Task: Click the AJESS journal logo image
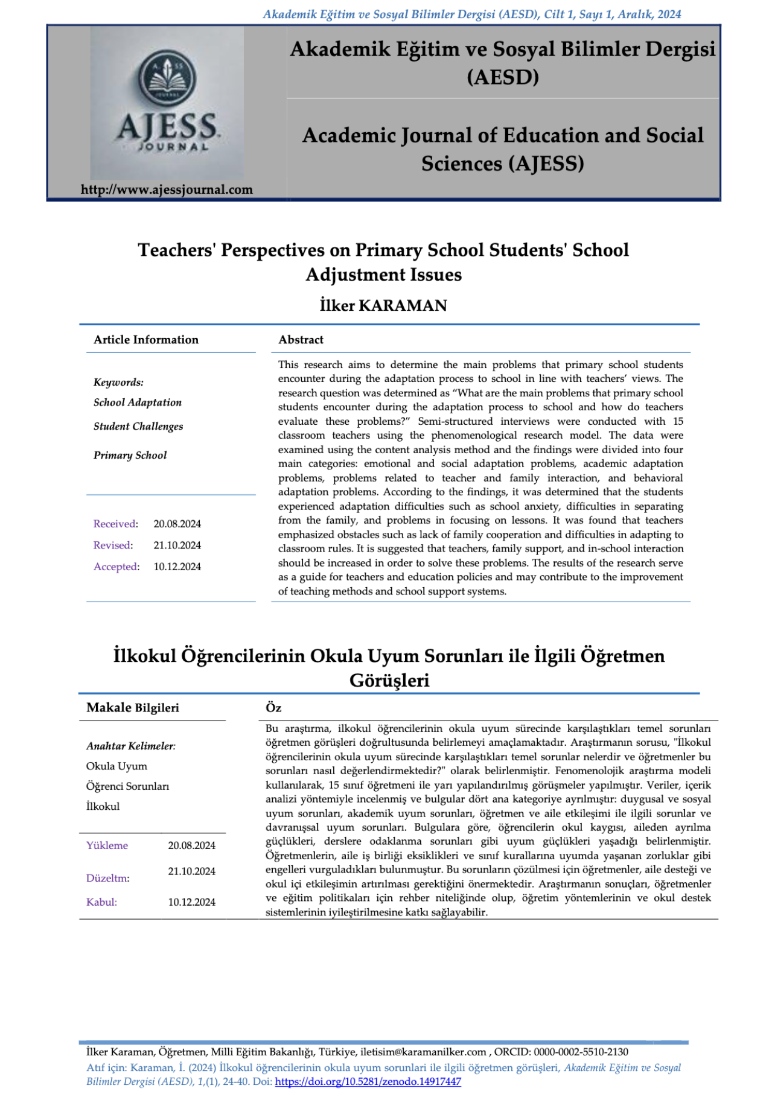(x=167, y=103)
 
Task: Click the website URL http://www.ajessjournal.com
(x=167, y=189)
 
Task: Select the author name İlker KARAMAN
(x=383, y=306)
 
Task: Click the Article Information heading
(x=146, y=340)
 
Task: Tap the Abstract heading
(x=301, y=340)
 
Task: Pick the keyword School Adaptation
(x=138, y=402)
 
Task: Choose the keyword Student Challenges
(x=138, y=426)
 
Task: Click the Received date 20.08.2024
(x=177, y=524)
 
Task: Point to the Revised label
(x=113, y=545)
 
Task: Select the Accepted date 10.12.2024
(x=177, y=567)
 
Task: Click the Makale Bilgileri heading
(x=133, y=708)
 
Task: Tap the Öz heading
(x=273, y=708)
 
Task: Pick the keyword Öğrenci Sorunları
(x=127, y=786)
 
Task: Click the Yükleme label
(x=107, y=845)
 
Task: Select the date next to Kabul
(x=191, y=902)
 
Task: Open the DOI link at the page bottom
(x=368, y=1081)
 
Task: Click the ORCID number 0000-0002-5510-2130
(x=581, y=1052)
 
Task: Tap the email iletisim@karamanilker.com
(x=423, y=1052)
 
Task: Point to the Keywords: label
(x=118, y=383)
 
